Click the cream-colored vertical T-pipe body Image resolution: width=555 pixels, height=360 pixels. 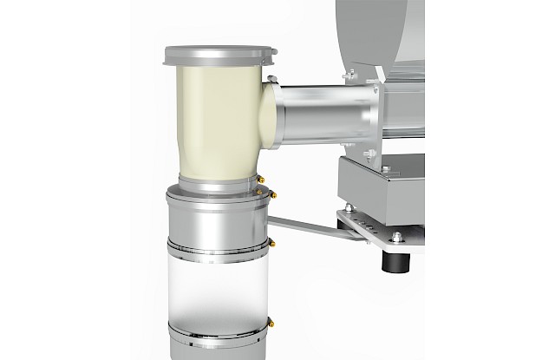[212, 121]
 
